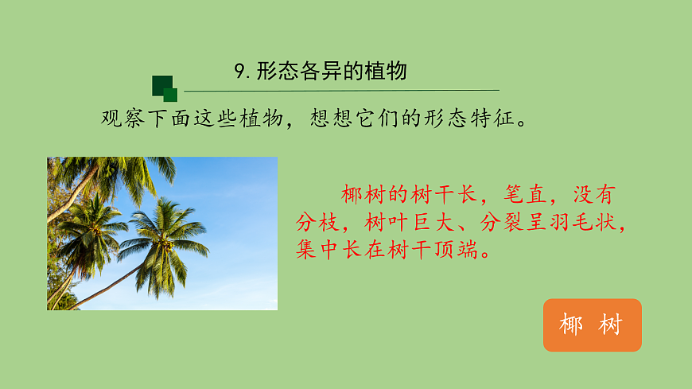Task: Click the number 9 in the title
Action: (x=240, y=72)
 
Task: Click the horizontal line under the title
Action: (x=342, y=91)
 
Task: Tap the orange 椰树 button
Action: (x=593, y=325)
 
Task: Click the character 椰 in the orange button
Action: (x=571, y=325)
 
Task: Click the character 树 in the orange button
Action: (x=611, y=325)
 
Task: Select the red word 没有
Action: (x=594, y=194)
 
